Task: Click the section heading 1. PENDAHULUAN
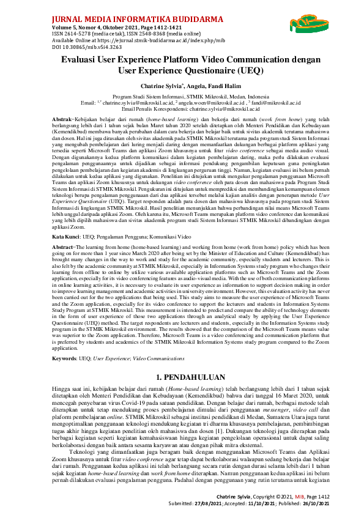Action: coord(182,359)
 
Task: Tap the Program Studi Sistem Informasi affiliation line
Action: coord(182,97)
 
